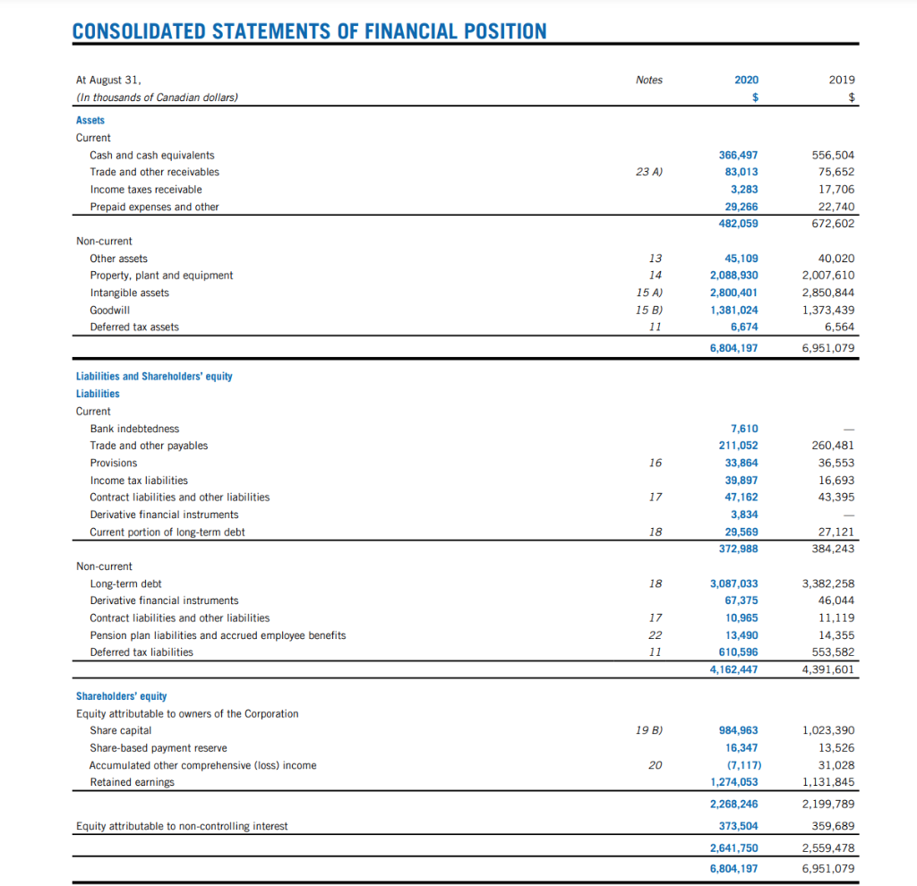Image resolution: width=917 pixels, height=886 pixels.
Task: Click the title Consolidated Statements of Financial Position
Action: [x=309, y=30]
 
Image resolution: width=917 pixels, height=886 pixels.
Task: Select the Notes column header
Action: [x=649, y=80]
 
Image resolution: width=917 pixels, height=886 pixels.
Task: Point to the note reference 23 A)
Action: [x=649, y=172]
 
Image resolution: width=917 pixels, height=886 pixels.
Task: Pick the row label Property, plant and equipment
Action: [x=161, y=276]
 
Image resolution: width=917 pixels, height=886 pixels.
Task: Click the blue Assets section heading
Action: [x=90, y=120]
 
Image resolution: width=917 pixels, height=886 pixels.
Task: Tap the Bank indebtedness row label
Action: [x=134, y=429]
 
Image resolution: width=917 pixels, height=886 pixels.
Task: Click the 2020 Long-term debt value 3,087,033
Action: [x=733, y=584]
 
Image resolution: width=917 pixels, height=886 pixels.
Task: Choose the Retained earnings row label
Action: [x=132, y=782]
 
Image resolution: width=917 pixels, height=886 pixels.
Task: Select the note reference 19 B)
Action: [x=649, y=730]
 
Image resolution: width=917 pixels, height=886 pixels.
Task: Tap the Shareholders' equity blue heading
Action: [x=121, y=696]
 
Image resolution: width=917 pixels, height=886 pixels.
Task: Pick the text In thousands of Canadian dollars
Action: [x=158, y=97]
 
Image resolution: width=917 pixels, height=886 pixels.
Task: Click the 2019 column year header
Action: [x=841, y=80]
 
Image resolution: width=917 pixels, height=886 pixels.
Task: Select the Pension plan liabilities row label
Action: [x=218, y=635]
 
